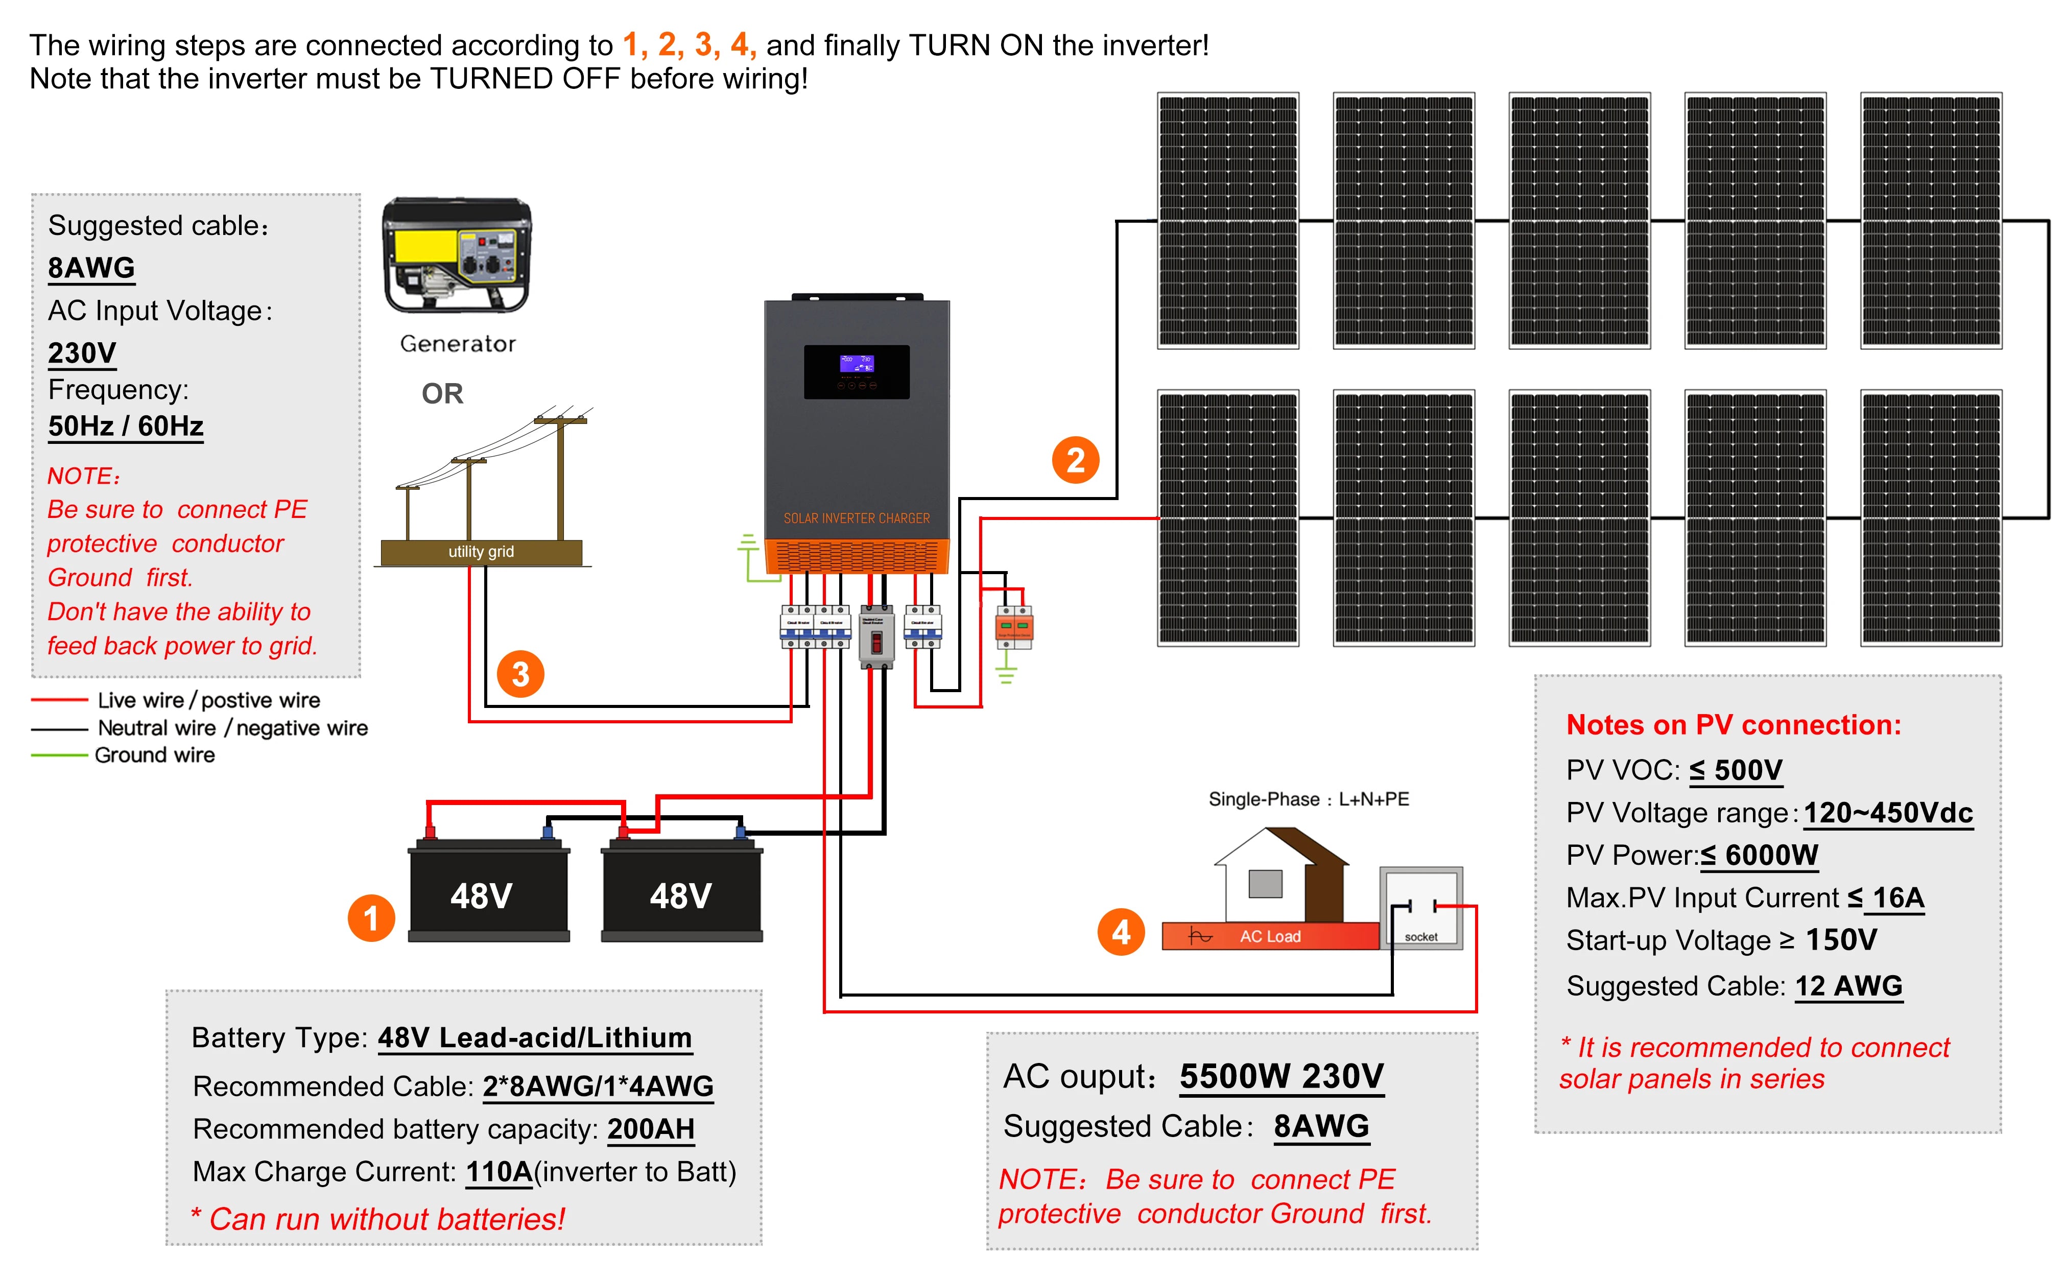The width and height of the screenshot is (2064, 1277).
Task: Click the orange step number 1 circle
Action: (x=371, y=918)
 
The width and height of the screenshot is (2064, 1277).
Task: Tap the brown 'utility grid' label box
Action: (x=481, y=552)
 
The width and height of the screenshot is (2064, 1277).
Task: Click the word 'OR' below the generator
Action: (x=442, y=394)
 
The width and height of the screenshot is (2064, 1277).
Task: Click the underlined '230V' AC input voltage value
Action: (x=82, y=352)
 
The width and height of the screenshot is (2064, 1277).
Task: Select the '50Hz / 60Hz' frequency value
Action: (x=125, y=425)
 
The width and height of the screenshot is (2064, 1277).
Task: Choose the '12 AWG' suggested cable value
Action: (x=1848, y=986)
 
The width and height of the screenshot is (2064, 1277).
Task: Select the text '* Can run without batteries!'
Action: (x=377, y=1219)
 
